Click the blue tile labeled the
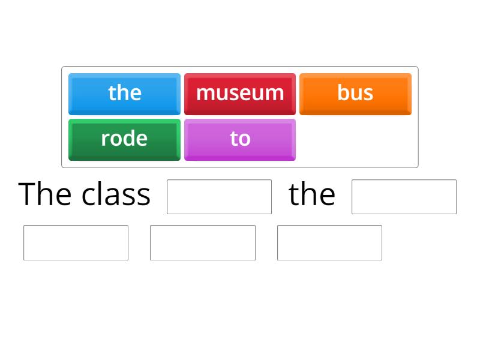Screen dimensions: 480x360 pyautogui.click(x=124, y=94)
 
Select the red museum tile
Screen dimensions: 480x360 pyautogui.click(x=239, y=94)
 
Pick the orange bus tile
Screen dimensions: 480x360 pyautogui.click(x=355, y=94)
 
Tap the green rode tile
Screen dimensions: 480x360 pyautogui.click(x=124, y=139)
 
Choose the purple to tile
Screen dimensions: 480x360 pyautogui.click(x=239, y=139)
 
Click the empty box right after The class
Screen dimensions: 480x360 pyautogui.click(x=219, y=197)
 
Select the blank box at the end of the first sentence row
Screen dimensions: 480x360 pyautogui.click(x=404, y=197)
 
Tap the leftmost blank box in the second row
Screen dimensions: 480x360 pyautogui.click(x=76, y=242)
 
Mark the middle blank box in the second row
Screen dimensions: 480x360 pyautogui.click(x=203, y=242)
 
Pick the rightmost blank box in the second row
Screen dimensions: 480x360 pyautogui.click(x=329, y=242)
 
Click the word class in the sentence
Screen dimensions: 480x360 pyautogui.click(x=116, y=194)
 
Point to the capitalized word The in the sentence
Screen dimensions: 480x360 pyautogui.click(x=46, y=194)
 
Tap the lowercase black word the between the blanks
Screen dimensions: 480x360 pyautogui.click(x=311, y=194)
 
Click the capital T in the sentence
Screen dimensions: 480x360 pyautogui.click(x=28, y=194)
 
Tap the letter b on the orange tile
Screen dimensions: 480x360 pyautogui.click(x=343, y=93)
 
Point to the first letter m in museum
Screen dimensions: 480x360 pyautogui.click(x=205, y=95)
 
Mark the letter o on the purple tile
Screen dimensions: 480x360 pyautogui.click(x=244, y=140)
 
